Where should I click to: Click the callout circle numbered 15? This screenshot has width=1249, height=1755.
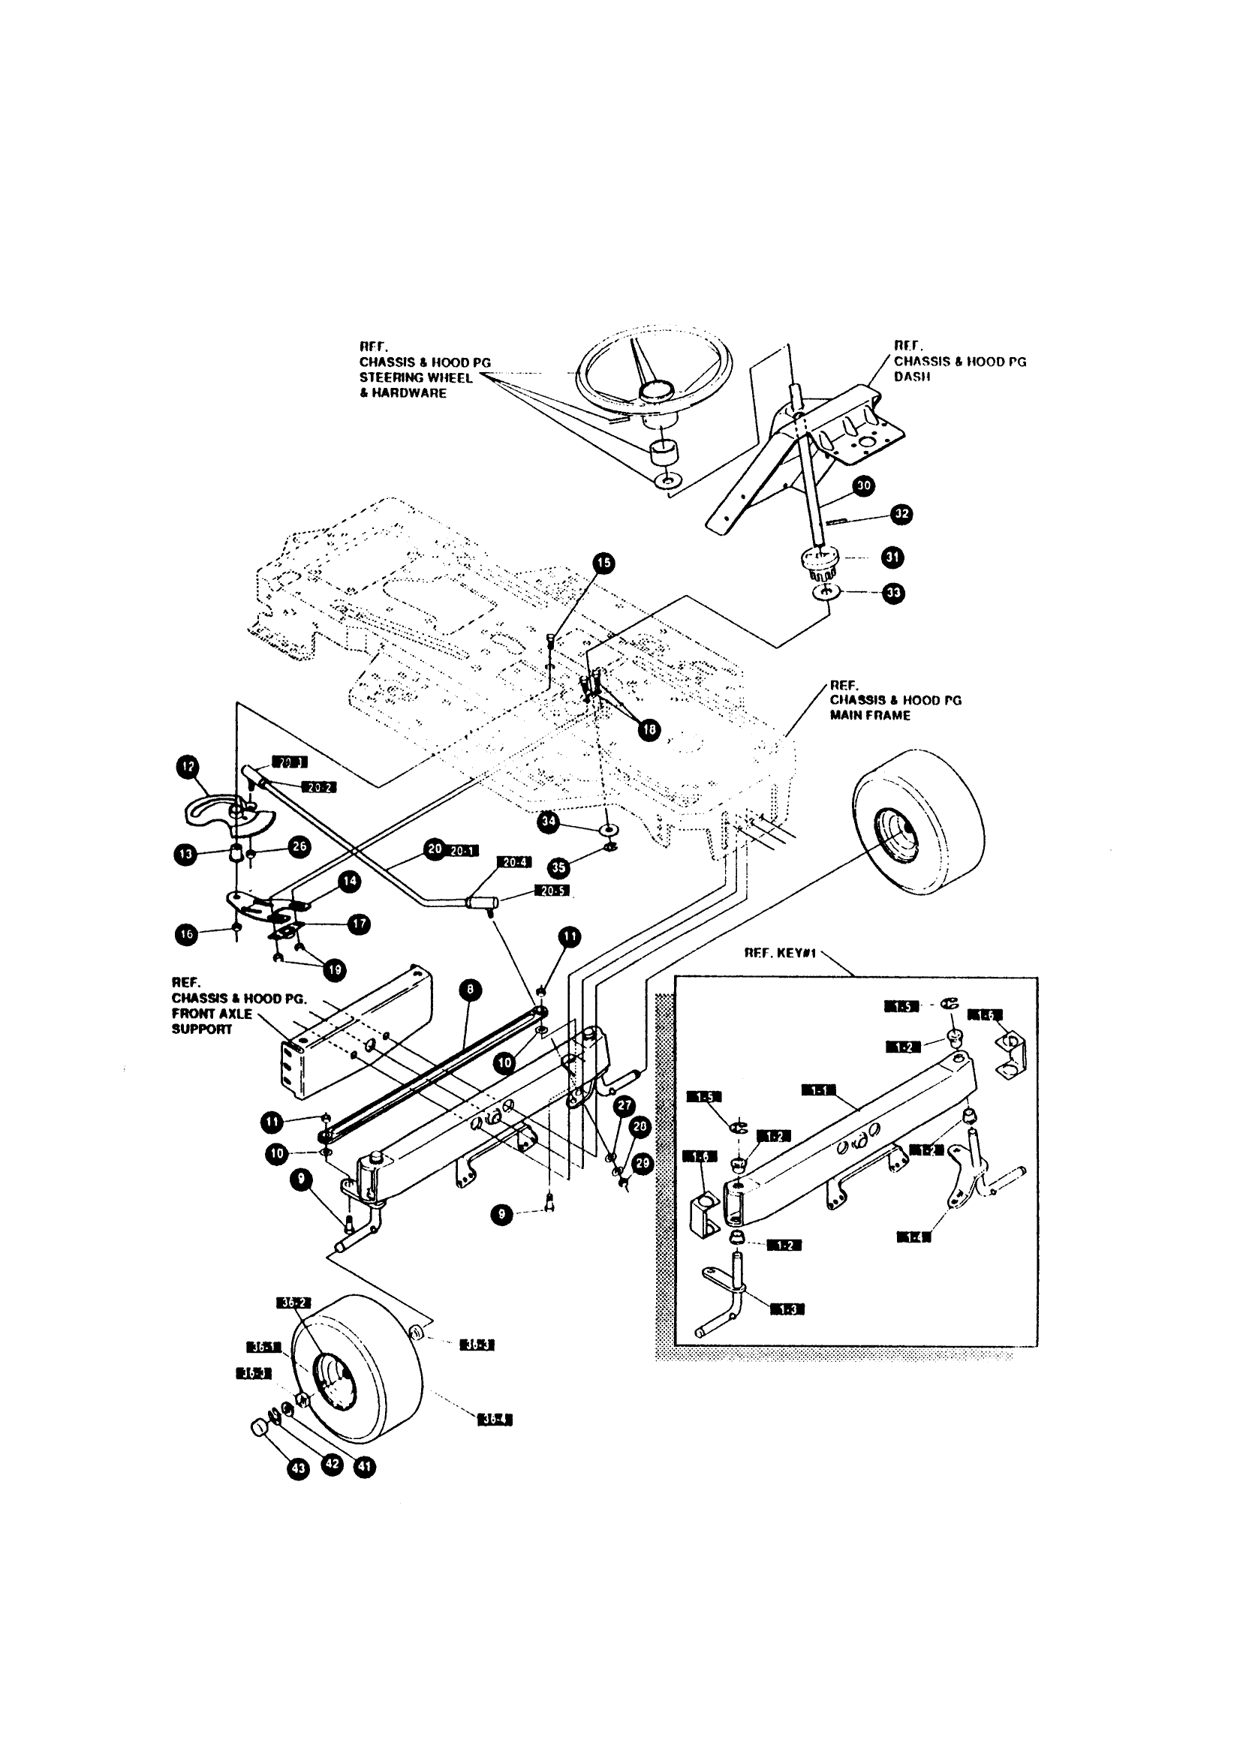click(x=603, y=563)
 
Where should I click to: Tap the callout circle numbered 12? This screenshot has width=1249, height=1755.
click(x=188, y=766)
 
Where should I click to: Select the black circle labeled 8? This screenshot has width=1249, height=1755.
click(x=470, y=990)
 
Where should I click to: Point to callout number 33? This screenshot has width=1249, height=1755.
click(x=893, y=593)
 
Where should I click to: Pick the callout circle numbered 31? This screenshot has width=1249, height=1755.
click(x=892, y=557)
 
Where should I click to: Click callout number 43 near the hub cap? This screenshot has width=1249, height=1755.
click(x=298, y=1469)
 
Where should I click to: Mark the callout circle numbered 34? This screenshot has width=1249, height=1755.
click(x=549, y=821)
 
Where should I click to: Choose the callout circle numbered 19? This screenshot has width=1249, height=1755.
click(x=335, y=970)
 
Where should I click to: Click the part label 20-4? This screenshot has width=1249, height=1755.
click(x=513, y=863)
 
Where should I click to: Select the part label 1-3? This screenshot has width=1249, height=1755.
click(x=787, y=1310)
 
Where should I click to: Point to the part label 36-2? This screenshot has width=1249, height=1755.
click(x=293, y=1303)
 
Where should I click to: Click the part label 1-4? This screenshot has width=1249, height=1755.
click(x=913, y=1237)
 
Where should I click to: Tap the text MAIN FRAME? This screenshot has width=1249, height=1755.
click(x=870, y=715)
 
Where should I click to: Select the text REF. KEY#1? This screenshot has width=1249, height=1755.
click(x=780, y=953)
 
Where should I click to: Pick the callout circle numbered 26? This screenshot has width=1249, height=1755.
click(x=299, y=846)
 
